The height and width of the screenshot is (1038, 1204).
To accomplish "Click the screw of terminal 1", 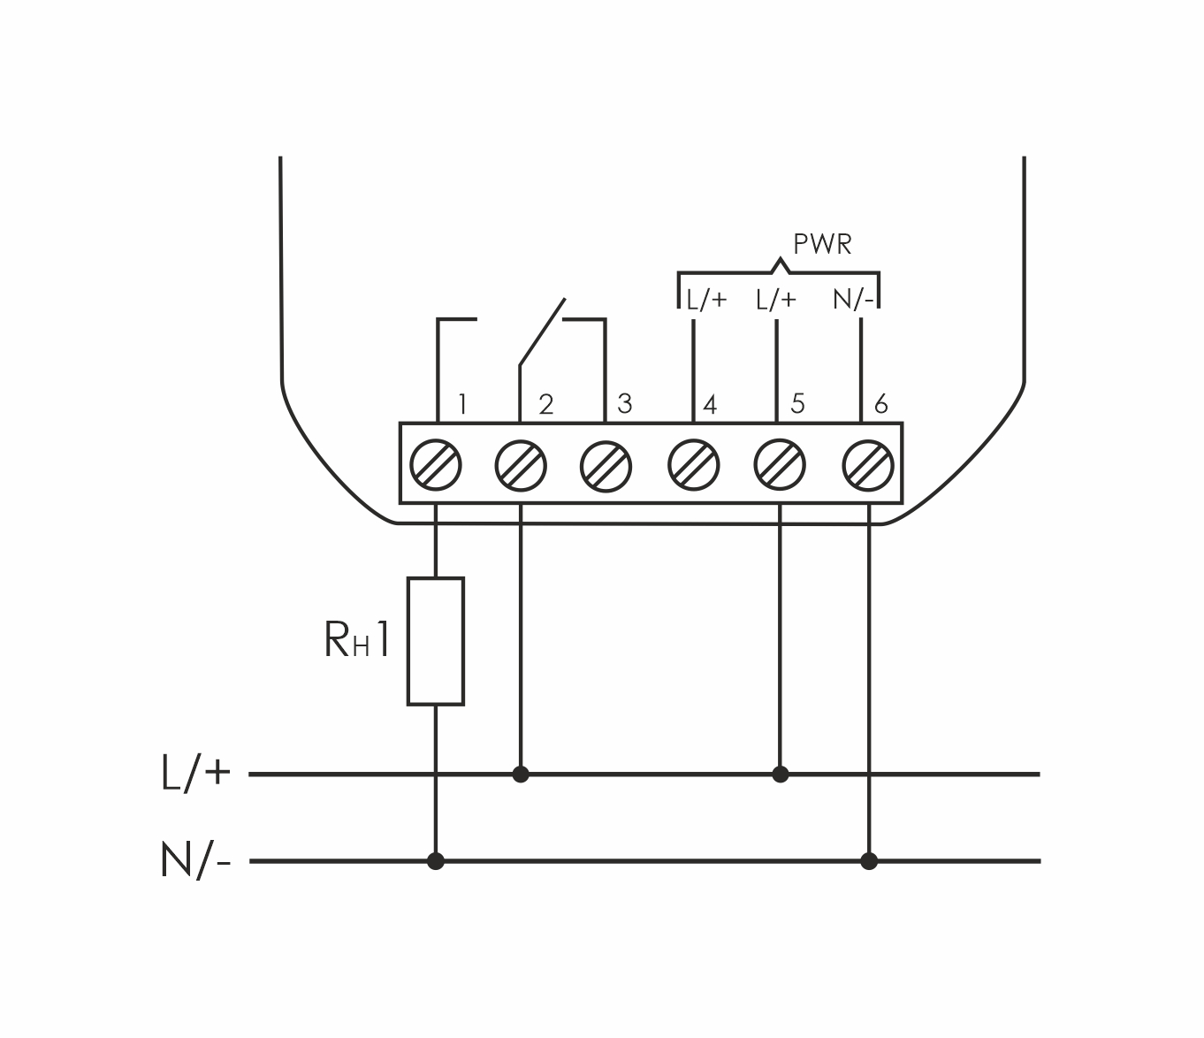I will coord(436,464).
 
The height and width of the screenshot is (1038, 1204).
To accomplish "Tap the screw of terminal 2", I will coord(521,464).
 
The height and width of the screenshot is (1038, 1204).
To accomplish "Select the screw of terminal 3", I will coord(606,464).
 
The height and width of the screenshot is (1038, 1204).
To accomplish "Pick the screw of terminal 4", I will coord(693,464).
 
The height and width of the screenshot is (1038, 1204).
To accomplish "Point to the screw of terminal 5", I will coord(779,464).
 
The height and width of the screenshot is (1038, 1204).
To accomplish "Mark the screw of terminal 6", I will coord(868,464).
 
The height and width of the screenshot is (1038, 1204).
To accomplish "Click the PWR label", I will coord(822,244).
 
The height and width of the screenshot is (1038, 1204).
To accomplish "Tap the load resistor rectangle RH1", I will coord(436,641).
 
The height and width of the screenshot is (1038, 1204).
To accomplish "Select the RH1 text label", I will coord(356,641).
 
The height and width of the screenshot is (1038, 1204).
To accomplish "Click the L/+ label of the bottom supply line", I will coord(195,773).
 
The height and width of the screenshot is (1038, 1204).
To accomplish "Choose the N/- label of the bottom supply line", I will coord(195,859).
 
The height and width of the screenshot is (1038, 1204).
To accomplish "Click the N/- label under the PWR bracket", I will coord(854,301).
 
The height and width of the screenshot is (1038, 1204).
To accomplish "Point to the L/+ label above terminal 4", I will coord(706,301).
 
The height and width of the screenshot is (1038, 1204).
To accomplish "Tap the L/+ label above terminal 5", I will coord(776,301).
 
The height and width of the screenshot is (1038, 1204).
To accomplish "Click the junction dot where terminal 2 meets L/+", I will coord(521,775).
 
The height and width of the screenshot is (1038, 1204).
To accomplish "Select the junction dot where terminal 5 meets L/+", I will coord(780,775).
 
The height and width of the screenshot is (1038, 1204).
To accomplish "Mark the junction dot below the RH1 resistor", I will coord(436,860).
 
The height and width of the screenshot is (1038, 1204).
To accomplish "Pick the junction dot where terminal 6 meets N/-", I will coord(869,860).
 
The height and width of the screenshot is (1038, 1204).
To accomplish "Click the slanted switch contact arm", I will coord(542,332).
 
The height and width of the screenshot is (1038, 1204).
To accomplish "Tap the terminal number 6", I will coord(880,404).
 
